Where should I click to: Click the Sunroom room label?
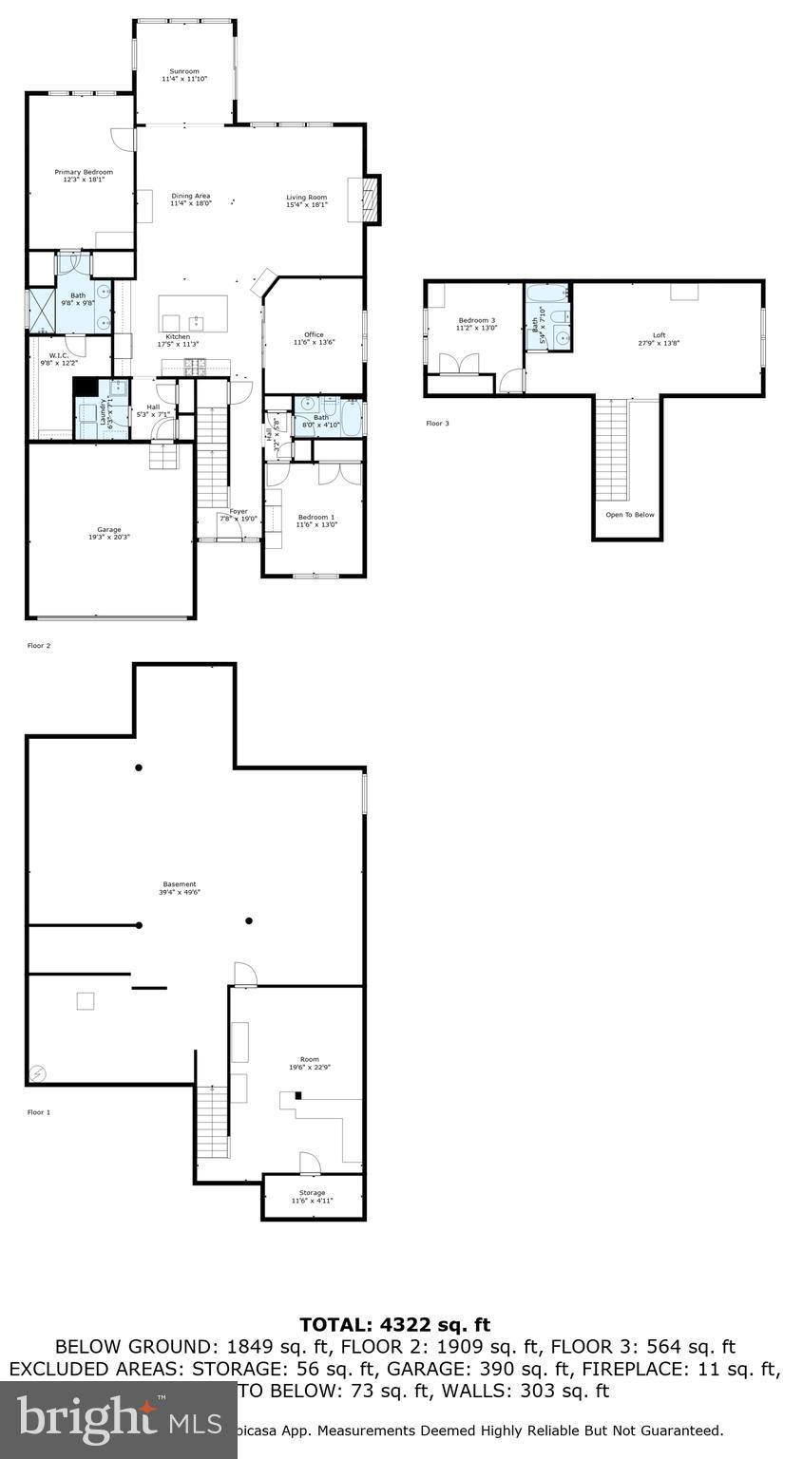tap(184, 71)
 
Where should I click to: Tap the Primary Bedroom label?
tap(84, 172)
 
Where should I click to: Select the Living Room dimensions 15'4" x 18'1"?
tap(307, 204)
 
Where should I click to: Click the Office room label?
tap(314, 334)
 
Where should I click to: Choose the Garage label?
tap(109, 529)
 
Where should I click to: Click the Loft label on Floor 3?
tap(659, 334)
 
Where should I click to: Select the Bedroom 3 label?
tap(477, 320)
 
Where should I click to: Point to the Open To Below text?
tap(630, 515)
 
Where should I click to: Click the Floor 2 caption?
tap(39, 646)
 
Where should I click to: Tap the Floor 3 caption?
tap(437, 423)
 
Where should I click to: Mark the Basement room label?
tap(180, 884)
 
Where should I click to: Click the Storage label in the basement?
tap(312, 1193)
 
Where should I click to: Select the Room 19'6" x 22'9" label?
tap(310, 1059)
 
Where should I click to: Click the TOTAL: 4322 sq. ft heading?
tap(394, 1324)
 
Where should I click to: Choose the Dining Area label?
tap(191, 196)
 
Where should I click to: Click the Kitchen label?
tap(178, 336)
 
